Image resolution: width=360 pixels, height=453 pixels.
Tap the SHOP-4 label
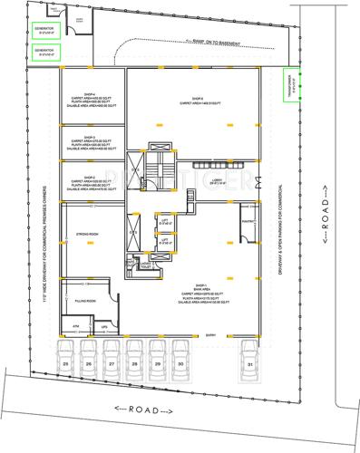click(x=90, y=95)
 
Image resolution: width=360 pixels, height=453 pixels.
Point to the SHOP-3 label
click(x=90, y=137)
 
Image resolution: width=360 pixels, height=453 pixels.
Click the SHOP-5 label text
click(x=198, y=99)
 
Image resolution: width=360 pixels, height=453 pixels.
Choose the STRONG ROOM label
click(x=88, y=234)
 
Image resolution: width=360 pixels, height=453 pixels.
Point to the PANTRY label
click(x=248, y=220)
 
